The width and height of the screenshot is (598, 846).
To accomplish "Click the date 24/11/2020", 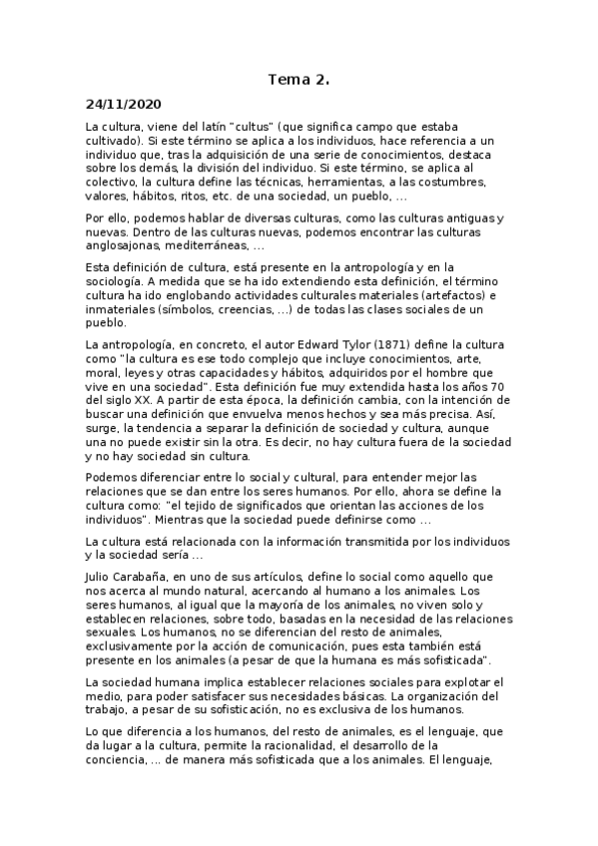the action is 124,103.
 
